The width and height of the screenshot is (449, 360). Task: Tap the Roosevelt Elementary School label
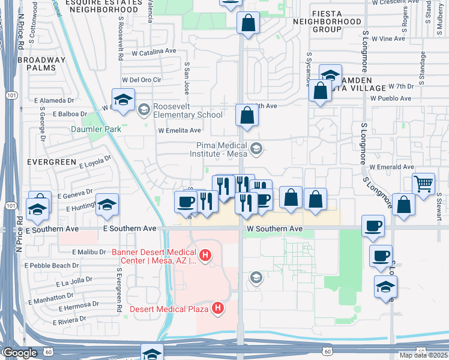tap(187, 110)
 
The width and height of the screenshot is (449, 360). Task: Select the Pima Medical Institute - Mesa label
tap(221, 149)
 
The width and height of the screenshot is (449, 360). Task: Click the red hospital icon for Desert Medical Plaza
tap(218, 309)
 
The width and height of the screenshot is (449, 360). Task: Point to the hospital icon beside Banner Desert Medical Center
tap(205, 256)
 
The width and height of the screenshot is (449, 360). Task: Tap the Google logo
tap(19, 353)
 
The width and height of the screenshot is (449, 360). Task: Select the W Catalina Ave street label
tap(153, 52)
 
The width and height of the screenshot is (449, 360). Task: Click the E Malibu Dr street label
tap(89, 253)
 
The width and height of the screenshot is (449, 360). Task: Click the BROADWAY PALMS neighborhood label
tap(41, 64)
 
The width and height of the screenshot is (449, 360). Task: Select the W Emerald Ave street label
tap(392, 167)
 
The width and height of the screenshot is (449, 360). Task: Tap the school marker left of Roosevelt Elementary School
tap(123, 100)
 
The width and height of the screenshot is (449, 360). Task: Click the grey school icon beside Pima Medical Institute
tap(256, 149)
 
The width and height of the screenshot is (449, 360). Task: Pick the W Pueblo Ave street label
tap(391, 98)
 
